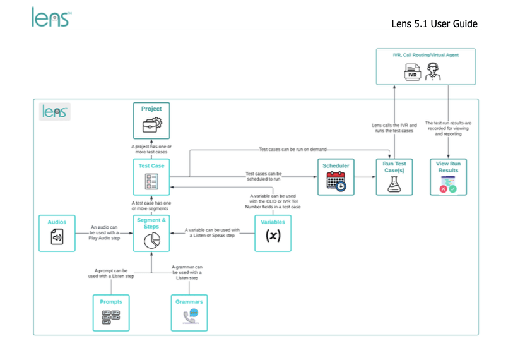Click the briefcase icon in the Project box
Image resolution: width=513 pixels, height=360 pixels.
[152, 125]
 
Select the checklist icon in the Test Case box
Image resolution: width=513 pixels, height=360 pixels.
[151, 181]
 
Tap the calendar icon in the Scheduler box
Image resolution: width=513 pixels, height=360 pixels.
[336, 181]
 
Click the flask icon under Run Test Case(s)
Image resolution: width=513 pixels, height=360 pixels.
[394, 184]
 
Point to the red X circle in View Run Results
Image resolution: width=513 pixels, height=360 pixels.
[444, 189]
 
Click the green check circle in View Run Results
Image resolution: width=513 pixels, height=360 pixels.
[453, 189]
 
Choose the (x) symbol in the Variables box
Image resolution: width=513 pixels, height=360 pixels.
[273, 236]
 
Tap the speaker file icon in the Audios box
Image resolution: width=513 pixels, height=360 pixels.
[57, 236]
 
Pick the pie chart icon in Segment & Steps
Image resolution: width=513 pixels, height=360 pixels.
[152, 241]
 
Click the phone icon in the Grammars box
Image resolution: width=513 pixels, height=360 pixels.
[191, 316]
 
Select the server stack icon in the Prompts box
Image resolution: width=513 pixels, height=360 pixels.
[111, 317]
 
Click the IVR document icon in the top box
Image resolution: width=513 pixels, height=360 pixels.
[412, 72]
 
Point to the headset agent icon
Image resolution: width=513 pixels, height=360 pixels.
[433, 71]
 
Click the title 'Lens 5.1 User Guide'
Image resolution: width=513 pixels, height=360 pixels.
[434, 23]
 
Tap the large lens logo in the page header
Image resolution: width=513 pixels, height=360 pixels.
[51, 17]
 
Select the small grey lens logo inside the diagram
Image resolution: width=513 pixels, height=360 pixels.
[55, 112]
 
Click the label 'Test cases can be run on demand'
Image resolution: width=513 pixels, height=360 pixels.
[293, 150]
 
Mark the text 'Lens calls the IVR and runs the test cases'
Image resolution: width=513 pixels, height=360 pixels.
[394, 128]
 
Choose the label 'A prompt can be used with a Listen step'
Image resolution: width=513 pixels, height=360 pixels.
[111, 273]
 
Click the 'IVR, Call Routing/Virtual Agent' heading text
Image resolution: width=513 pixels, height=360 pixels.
[426, 55]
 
